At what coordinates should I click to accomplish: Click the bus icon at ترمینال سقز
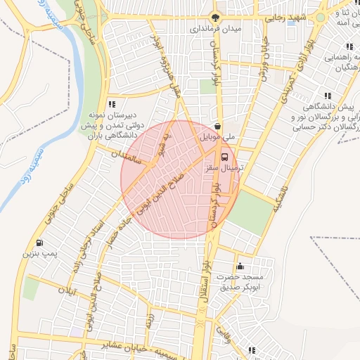(x=224, y=157)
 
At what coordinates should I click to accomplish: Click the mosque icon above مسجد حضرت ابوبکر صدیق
(x=240, y=266)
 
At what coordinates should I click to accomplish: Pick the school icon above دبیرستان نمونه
(x=111, y=104)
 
